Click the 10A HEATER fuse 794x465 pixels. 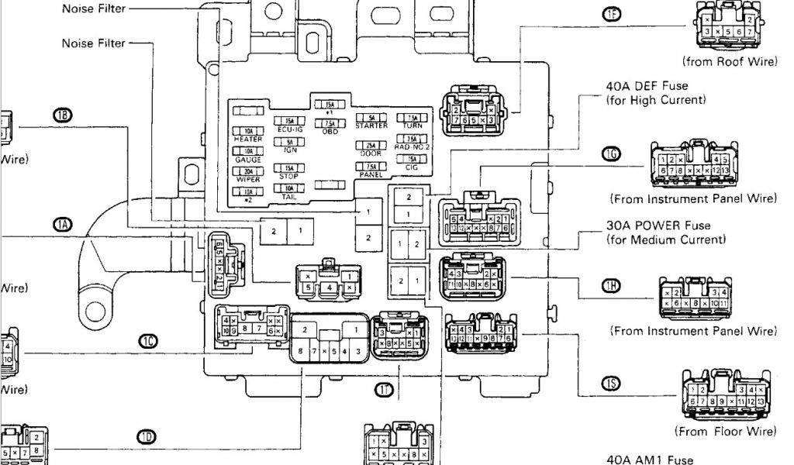tap(247, 131)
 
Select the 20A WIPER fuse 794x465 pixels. tap(247, 171)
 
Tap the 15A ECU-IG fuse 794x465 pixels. tap(288, 121)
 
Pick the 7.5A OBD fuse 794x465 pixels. tap(330, 123)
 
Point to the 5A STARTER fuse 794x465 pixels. tap(371, 117)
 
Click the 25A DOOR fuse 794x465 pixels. tap(371, 145)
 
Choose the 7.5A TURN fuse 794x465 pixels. tap(412, 117)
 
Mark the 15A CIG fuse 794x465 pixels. tap(412, 158)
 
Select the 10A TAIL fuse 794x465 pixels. tap(288, 188)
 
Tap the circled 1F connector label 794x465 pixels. tap(612, 14)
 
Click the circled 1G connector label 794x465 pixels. tap(612, 154)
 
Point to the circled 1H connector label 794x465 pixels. tap(612, 286)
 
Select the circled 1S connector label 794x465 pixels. tap(612, 383)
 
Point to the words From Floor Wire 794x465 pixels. tap(725, 431)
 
